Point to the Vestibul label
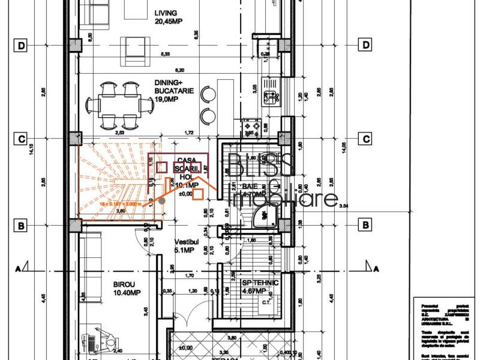(x=185, y=245)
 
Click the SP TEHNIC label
(x=253, y=286)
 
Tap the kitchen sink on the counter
(x=272, y=95)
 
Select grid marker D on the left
(x=21, y=46)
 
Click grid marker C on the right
(x=364, y=139)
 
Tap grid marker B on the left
(x=21, y=226)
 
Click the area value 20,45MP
(x=168, y=22)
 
